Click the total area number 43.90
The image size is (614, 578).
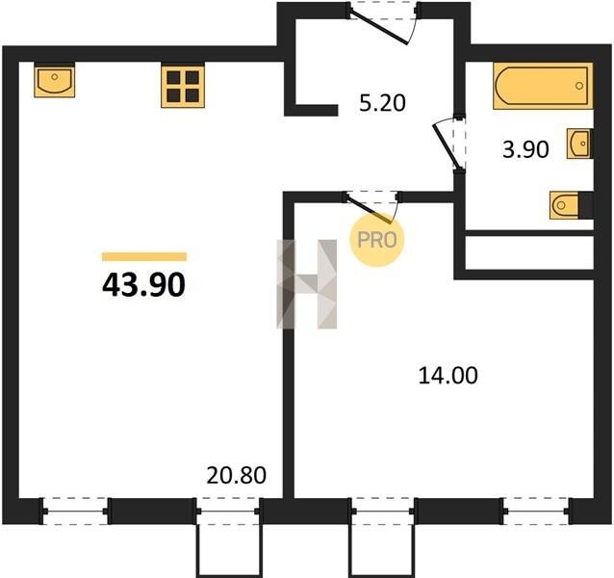point(143,285)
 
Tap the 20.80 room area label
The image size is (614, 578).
point(236,475)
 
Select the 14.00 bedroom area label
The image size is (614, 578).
point(448,375)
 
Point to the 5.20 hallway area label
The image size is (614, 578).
point(382,103)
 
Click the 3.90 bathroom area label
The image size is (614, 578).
point(525,149)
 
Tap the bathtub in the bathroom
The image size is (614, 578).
point(543,86)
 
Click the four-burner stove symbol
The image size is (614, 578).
point(183,86)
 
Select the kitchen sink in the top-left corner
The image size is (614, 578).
point(54,81)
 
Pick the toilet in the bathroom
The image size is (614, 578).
point(564,205)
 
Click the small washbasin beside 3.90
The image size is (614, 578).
point(578,144)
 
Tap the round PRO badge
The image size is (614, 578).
point(376,240)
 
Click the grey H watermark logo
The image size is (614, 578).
point(307,284)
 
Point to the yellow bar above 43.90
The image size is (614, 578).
point(144,256)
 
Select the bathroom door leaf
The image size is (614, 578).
point(446,145)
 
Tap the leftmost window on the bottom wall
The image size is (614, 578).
point(75,511)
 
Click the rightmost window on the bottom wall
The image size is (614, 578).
point(536,511)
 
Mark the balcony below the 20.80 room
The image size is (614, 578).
point(228,551)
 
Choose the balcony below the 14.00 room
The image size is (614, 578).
point(381,551)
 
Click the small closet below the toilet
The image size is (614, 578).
point(529,252)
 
